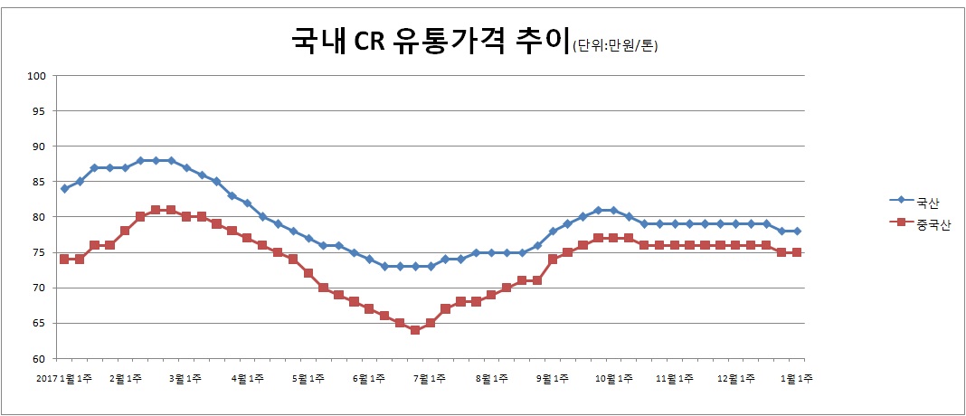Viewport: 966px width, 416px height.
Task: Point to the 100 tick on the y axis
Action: point(37,76)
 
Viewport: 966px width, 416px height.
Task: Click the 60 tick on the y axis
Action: point(40,359)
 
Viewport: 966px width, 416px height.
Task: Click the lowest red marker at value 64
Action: point(415,330)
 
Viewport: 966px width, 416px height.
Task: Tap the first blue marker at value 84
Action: point(64,189)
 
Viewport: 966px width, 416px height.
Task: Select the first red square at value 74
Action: point(64,260)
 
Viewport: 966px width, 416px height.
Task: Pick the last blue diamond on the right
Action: point(798,232)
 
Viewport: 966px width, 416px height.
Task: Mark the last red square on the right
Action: point(798,252)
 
